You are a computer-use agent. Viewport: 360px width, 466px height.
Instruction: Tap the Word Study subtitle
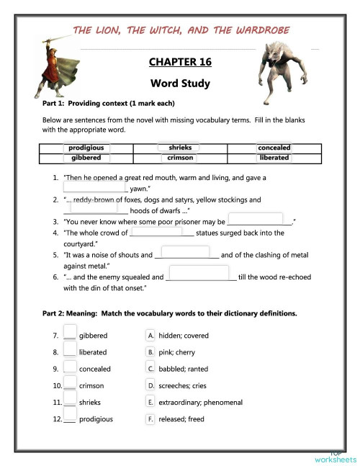click(x=180, y=83)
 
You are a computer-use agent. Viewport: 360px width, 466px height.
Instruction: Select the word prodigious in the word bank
click(x=86, y=148)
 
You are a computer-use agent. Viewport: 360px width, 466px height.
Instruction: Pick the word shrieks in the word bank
click(x=179, y=148)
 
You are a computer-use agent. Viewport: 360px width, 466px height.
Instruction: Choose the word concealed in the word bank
click(x=274, y=148)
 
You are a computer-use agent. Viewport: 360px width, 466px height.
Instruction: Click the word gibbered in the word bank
click(x=86, y=158)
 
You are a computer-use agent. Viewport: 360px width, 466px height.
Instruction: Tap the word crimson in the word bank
click(x=179, y=158)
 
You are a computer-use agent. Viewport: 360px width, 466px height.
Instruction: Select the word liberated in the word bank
click(x=274, y=158)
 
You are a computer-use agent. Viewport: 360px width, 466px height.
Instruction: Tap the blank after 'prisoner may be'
click(x=256, y=219)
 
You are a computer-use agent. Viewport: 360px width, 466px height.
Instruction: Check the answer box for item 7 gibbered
click(x=69, y=333)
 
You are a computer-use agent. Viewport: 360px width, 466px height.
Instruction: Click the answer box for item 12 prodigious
click(x=69, y=417)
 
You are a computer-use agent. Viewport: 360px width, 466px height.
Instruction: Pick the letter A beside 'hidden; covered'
click(x=150, y=336)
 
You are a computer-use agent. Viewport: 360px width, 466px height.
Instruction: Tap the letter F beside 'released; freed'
click(x=150, y=418)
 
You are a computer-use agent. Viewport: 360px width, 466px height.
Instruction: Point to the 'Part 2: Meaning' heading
click(x=169, y=313)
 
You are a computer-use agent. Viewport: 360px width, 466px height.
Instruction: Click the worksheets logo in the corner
click(x=336, y=456)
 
